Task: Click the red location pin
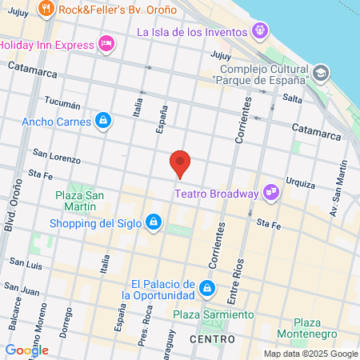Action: [x=181, y=163]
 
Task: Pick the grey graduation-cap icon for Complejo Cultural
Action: [x=322, y=73]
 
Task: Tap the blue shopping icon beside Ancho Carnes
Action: [x=102, y=122]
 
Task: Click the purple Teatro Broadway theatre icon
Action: [x=271, y=192]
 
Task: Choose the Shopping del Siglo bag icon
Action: [x=154, y=222]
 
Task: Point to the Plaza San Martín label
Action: [x=78, y=201]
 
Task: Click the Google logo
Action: [x=26, y=350]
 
